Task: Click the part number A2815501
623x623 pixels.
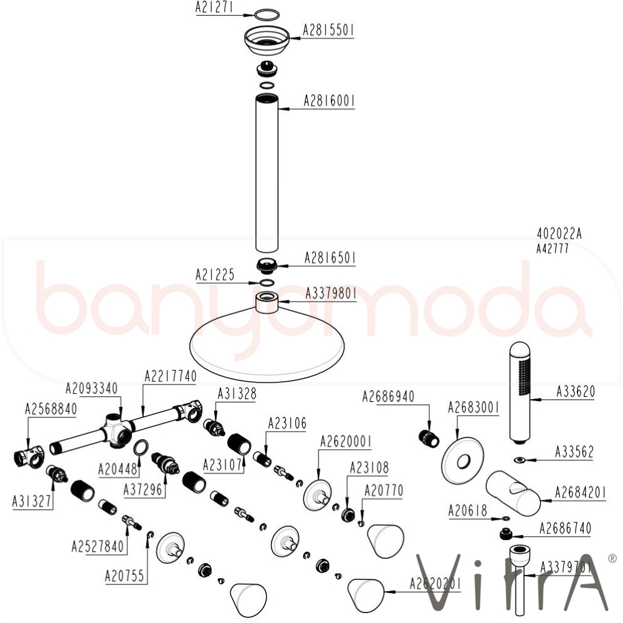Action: tap(328, 30)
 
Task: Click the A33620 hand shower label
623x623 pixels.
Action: tap(575, 392)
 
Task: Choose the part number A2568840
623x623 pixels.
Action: tap(51, 409)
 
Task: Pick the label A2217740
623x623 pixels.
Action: tap(171, 376)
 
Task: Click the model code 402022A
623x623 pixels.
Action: tap(559, 234)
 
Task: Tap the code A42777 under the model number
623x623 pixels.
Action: tap(553, 248)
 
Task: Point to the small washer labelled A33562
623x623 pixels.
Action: tap(518, 460)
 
